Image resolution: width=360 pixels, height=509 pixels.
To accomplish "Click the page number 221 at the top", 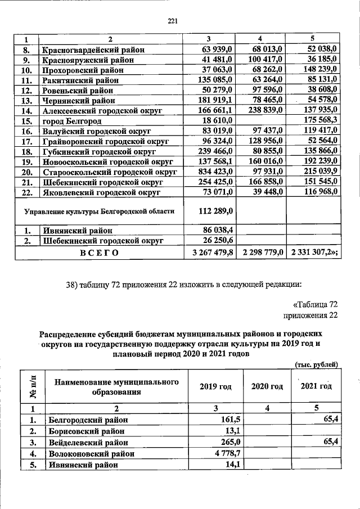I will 173,21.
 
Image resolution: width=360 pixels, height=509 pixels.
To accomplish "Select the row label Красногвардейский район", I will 93,50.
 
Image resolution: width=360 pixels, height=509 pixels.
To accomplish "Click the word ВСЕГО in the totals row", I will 100,253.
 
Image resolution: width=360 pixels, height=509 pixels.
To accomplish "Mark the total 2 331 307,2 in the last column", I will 314,253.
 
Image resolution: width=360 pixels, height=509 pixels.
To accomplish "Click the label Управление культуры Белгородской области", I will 99,211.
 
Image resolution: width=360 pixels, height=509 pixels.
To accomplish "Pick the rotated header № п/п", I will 33,386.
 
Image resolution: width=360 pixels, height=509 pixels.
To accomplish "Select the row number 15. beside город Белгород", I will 26,121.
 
